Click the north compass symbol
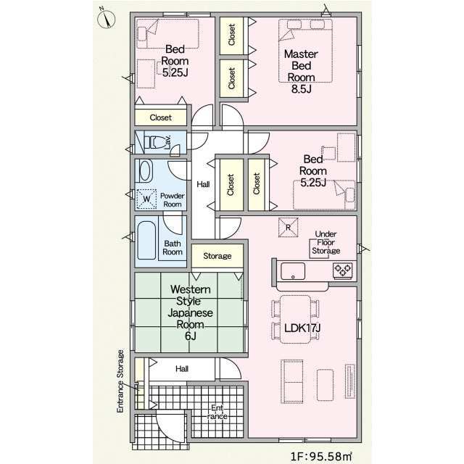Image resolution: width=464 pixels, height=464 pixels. point(107,18)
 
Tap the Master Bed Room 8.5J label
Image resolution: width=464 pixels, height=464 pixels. point(301,71)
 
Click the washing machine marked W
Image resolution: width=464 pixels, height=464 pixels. point(146,199)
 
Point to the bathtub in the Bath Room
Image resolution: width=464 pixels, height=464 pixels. point(146,240)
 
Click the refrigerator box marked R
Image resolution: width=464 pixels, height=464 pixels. point(288,227)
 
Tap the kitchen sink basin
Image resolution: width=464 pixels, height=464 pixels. point(293,271)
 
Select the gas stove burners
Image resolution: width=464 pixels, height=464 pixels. point(343,270)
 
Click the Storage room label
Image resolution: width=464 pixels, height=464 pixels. point(217,256)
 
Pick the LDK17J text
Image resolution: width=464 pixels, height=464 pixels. point(302,328)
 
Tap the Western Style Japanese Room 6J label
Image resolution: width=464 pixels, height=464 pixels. point(190,312)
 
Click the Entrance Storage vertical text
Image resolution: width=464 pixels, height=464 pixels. point(120,381)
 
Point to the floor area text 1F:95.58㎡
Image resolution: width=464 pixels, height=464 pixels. point(321,456)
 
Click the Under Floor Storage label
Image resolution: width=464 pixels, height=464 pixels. point(326,242)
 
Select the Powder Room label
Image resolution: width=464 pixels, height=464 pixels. point(173,200)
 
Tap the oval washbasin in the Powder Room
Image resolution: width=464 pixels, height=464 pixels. point(145,171)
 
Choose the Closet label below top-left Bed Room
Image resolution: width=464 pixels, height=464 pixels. point(161,117)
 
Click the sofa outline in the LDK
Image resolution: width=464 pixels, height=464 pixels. point(291,381)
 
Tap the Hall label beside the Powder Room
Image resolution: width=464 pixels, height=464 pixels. point(203,184)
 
